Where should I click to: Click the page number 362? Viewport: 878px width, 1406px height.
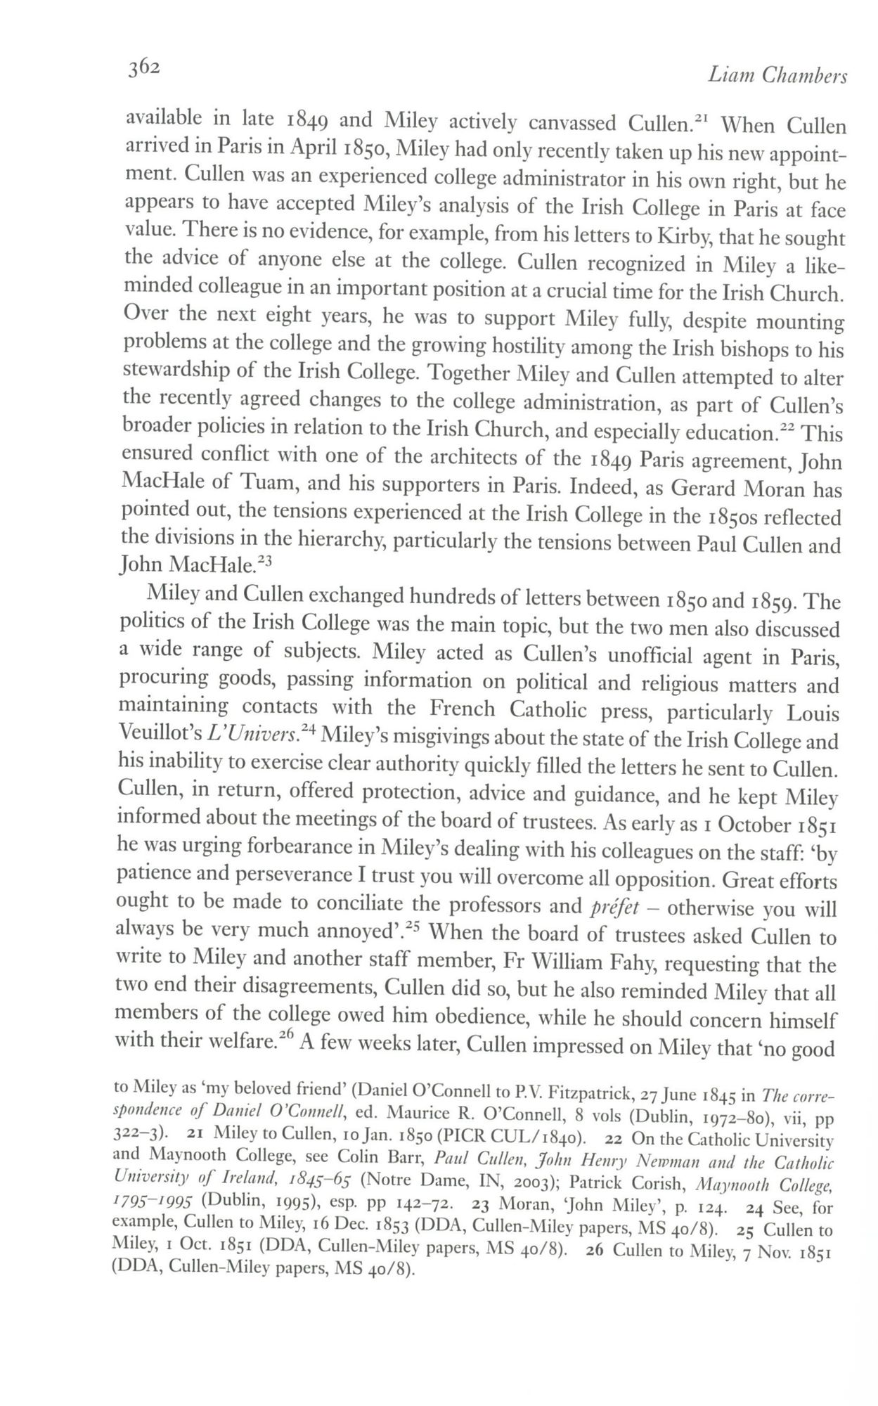(x=144, y=67)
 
